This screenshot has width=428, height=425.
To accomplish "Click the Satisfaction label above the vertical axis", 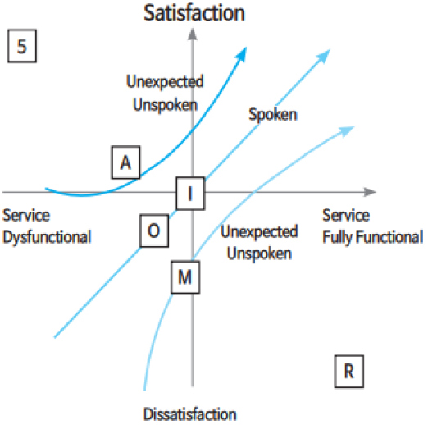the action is click(194, 13).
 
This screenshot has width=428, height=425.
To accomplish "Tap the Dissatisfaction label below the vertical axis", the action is click(190, 414).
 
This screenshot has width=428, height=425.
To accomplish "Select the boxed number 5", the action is click(22, 46).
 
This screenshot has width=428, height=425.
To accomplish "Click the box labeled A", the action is click(125, 162).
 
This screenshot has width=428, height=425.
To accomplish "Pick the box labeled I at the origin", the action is click(190, 194).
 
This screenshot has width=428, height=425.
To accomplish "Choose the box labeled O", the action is click(154, 231).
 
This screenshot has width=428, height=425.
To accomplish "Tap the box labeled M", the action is click(185, 277).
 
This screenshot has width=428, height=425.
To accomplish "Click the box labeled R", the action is click(349, 372).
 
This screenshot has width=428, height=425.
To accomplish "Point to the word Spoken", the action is click(273, 115).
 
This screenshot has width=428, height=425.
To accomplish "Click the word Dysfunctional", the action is click(47, 237).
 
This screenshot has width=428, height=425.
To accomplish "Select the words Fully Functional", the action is click(373, 237).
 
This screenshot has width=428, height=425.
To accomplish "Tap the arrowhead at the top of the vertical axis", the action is click(193, 34).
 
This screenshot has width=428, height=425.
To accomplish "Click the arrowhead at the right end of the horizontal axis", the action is click(371, 192).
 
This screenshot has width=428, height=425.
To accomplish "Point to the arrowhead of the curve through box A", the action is click(241, 53).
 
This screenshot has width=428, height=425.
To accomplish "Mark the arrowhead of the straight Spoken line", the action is click(324, 56).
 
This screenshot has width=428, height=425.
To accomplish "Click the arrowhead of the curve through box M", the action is click(347, 131).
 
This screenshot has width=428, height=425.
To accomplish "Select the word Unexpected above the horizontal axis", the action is click(165, 81).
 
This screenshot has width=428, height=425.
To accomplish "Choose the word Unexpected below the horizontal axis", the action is click(259, 231).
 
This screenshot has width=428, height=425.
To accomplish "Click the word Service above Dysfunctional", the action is click(26, 215).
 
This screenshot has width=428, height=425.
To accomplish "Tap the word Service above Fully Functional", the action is click(346, 215).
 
